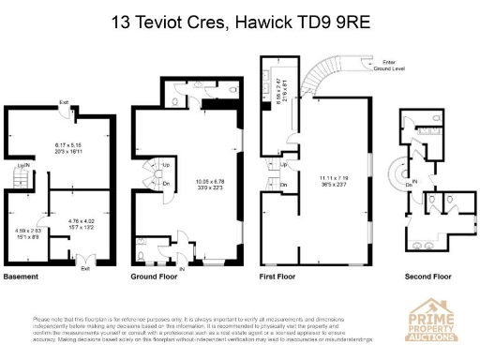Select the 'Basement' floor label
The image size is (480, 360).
(22, 277)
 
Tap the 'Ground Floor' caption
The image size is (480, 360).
(156, 277)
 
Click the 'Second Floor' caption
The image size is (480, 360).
(428, 277)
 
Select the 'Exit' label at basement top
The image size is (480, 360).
(64, 102)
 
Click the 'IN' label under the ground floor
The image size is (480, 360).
(182, 268)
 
